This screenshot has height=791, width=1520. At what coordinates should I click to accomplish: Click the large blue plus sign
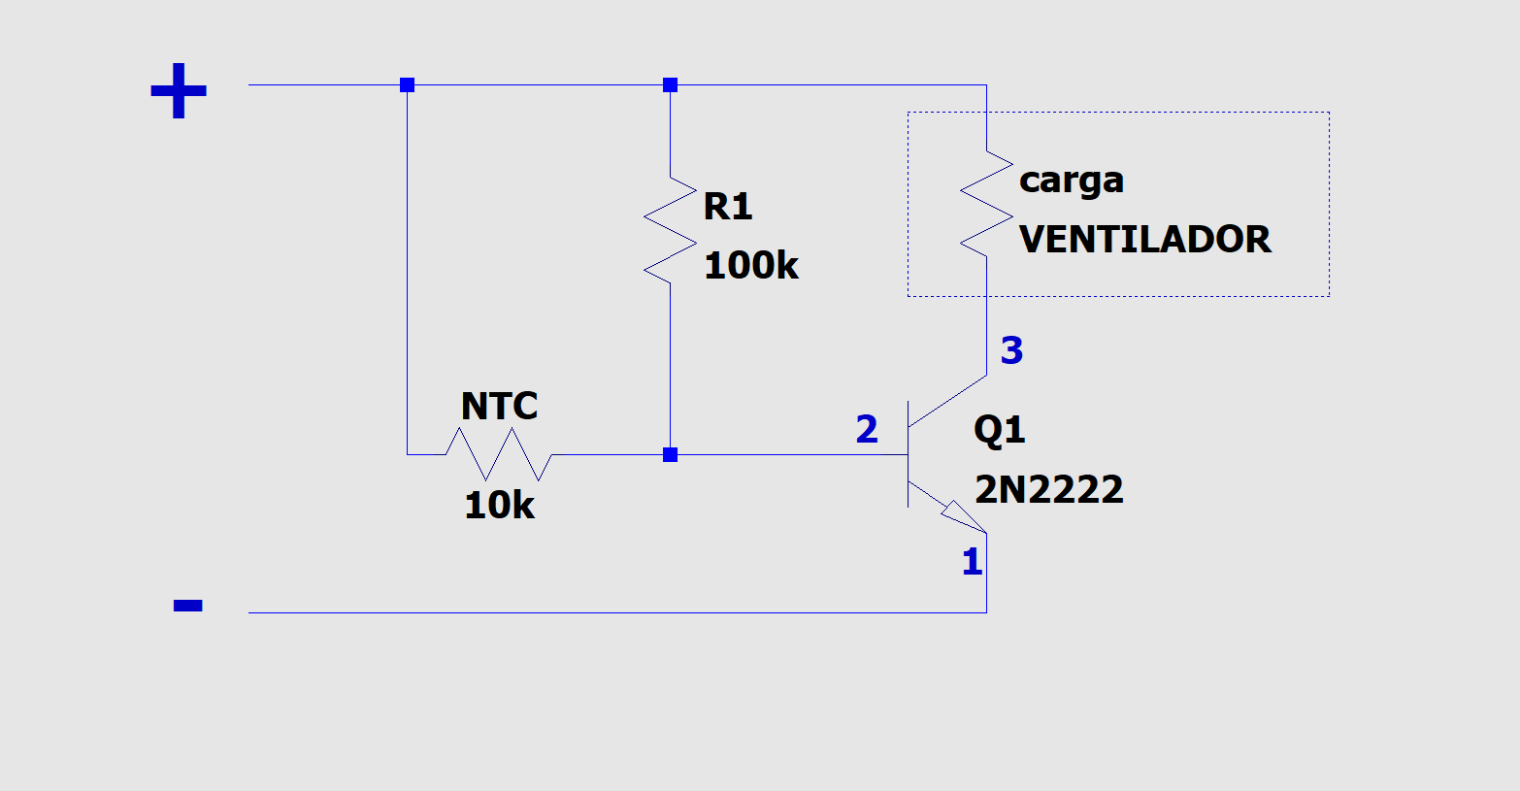pyautogui.click(x=179, y=91)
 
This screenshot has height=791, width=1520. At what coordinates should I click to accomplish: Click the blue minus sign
pyautogui.click(x=187, y=606)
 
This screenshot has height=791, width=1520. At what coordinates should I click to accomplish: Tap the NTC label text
pyautogui.click(x=499, y=406)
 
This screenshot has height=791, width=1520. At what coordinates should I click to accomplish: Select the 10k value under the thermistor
pyautogui.click(x=499, y=505)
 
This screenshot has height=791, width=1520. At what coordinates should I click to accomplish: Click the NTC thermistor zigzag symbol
pyautogui.click(x=499, y=453)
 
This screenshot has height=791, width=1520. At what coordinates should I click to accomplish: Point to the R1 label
pyautogui.click(x=727, y=206)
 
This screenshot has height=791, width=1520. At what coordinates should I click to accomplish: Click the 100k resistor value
pyautogui.click(x=750, y=265)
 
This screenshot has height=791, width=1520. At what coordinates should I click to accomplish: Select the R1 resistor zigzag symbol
pyautogui.click(x=670, y=230)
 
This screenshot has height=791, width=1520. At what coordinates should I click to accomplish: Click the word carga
pyautogui.click(x=1071, y=181)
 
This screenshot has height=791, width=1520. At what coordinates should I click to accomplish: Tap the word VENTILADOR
pyautogui.click(x=1144, y=239)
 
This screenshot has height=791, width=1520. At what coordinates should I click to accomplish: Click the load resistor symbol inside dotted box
pyautogui.click(x=986, y=204)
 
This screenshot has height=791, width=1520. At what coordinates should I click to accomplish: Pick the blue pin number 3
pyautogui.click(x=1011, y=350)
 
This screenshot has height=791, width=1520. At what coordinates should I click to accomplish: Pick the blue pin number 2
pyautogui.click(x=867, y=429)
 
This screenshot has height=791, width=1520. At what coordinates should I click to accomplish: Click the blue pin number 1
pyautogui.click(x=972, y=562)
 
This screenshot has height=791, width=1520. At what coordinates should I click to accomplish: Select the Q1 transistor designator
pyautogui.click(x=999, y=429)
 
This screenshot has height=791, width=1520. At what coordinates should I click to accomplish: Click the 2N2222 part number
pyautogui.click(x=1048, y=489)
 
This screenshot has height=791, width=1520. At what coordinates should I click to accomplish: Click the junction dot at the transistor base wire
pyautogui.click(x=670, y=454)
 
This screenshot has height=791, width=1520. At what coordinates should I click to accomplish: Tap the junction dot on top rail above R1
pyautogui.click(x=670, y=85)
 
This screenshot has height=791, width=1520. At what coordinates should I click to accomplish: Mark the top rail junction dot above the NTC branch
pyautogui.click(x=408, y=85)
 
